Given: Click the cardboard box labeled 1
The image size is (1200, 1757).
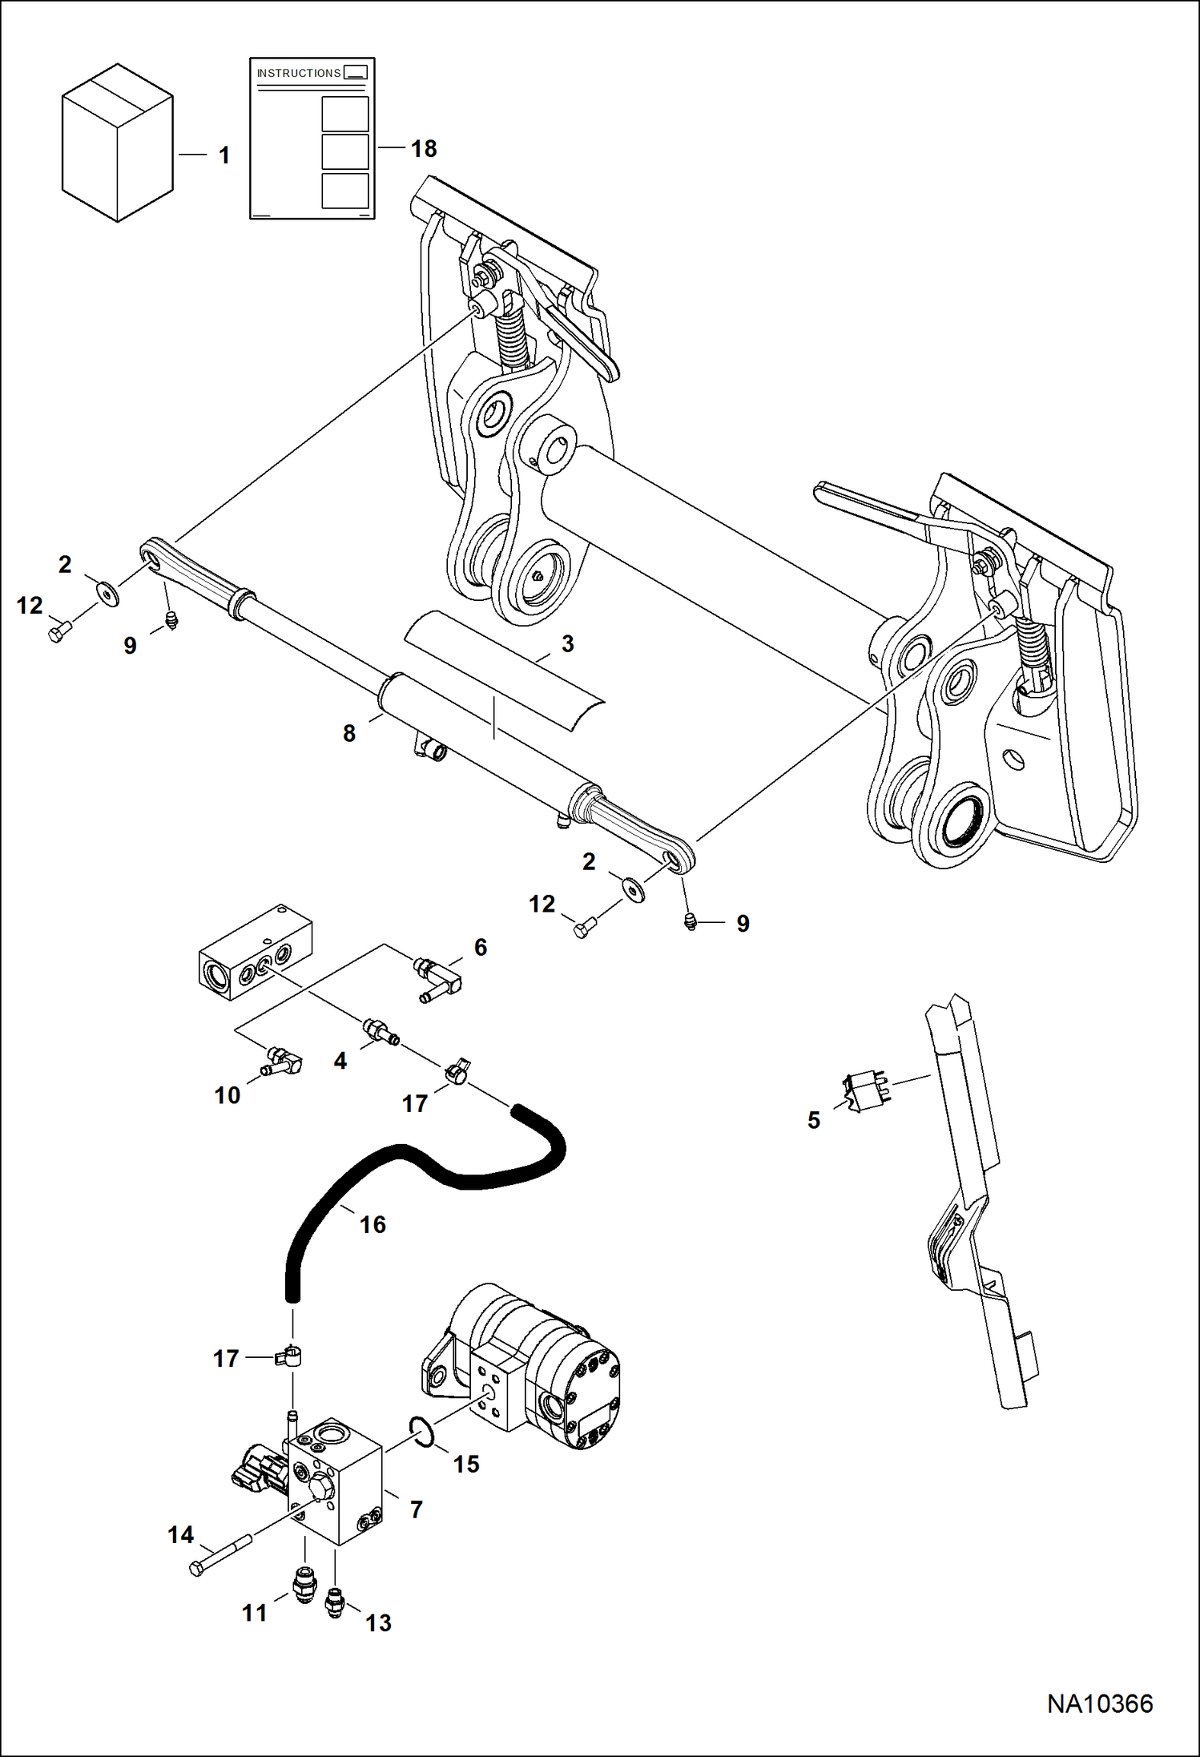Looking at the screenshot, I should tap(117, 143).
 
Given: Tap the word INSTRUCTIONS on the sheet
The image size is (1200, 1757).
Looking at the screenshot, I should tap(299, 73).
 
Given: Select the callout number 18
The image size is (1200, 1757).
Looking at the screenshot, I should tap(424, 149).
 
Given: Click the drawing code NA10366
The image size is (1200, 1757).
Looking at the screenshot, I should tap(1100, 1703).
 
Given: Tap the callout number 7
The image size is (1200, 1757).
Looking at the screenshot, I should tap(416, 1509).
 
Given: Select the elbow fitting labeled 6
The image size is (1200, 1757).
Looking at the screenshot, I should tap(437, 978).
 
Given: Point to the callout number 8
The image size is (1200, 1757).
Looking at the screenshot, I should tap(349, 733).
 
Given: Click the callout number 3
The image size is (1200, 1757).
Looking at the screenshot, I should tap(568, 644).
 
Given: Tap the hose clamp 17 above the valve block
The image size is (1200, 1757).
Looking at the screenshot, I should tap(290, 1356).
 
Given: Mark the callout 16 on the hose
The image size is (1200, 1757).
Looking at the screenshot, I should tap(372, 1224).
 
